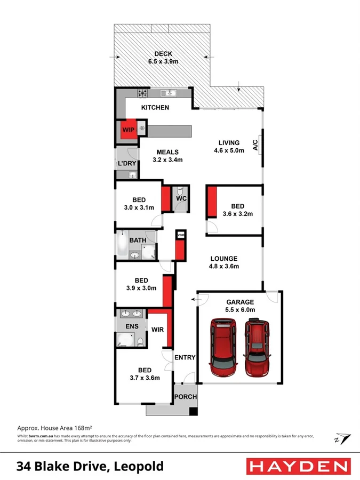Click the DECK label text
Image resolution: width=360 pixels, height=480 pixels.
[163, 54]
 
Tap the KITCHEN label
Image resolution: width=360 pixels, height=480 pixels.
[155, 108]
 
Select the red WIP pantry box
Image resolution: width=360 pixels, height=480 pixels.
[128, 130]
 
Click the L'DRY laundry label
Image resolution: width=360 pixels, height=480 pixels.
[127, 163]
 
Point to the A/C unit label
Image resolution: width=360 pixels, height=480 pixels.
[255, 144]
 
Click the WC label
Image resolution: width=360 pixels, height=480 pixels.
[181, 199]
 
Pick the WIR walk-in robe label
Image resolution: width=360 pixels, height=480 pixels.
[157, 330]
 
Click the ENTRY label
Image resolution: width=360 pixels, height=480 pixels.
[185, 357]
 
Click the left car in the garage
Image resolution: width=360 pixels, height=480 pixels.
[224, 347]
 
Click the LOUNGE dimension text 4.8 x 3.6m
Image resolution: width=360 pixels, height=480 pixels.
[223, 267]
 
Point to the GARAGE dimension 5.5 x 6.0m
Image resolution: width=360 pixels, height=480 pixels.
[239, 309]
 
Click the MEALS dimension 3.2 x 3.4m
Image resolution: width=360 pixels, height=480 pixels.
[167, 159]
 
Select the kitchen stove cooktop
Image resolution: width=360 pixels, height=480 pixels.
[143, 94]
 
